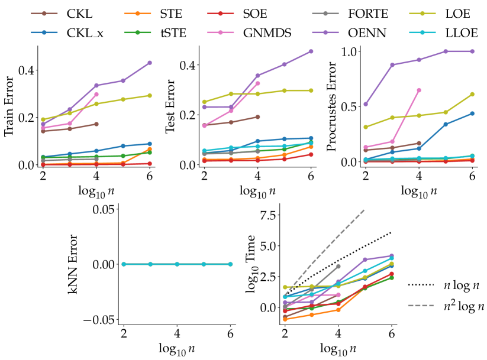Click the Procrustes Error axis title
coord(331,107)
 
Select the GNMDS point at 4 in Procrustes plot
coord(419,90)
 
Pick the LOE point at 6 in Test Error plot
coord(311,90)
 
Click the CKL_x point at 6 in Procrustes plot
coord(472,113)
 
